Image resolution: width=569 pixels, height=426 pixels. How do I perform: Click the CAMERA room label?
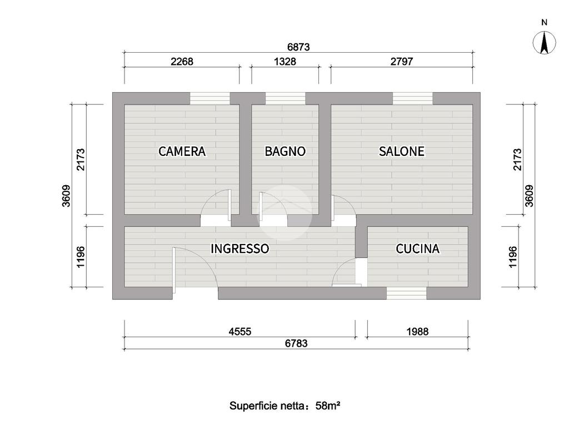coord(182,151)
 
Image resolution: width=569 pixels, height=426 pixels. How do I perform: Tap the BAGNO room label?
coord(285,151)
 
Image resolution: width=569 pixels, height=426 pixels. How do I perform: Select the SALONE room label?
coord(402,151)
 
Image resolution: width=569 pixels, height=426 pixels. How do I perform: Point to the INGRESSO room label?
coord(239,248)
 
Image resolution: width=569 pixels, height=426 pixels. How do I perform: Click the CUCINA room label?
coord(417,248)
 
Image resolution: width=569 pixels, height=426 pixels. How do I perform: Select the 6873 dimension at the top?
coord(298,48)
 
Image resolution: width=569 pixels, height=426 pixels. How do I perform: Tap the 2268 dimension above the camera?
coord(182,62)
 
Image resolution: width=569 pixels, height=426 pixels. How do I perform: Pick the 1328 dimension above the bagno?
coord(285,62)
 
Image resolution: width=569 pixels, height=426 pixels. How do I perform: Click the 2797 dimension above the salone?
coord(401,62)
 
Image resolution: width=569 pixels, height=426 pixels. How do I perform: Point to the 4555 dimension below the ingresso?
coord(239,332)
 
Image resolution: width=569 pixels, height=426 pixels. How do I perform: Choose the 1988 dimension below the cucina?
coord(417,332)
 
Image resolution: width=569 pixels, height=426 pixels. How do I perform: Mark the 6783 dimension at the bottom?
coord(296,343)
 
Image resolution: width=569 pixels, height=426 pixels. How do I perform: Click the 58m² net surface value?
coord(327,405)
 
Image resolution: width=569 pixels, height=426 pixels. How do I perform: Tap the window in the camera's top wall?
coord(210,98)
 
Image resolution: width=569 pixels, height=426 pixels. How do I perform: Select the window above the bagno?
coord(285,98)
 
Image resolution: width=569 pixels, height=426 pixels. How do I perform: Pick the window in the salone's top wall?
coord(413,98)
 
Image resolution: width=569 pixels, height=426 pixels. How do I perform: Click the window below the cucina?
coord(406,293)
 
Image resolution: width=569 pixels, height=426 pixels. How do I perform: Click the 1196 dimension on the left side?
coord(80,257)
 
